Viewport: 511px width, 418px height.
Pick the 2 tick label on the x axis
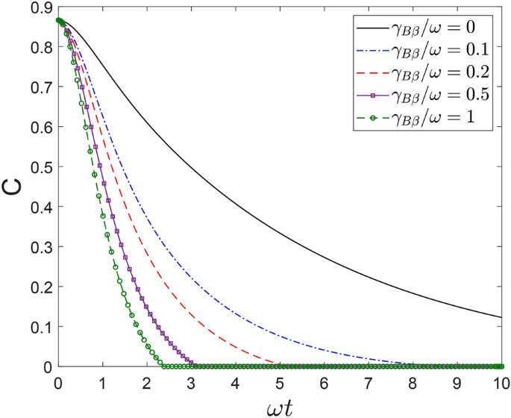147,381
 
